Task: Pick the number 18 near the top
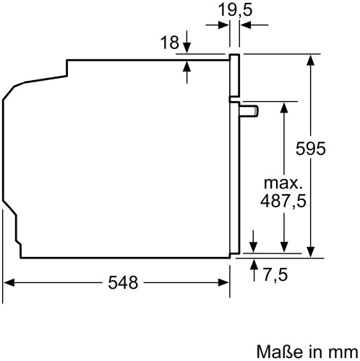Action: point(169,43)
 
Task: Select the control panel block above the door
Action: point(234,77)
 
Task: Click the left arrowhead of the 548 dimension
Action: point(9,283)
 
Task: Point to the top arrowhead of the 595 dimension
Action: point(312,60)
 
